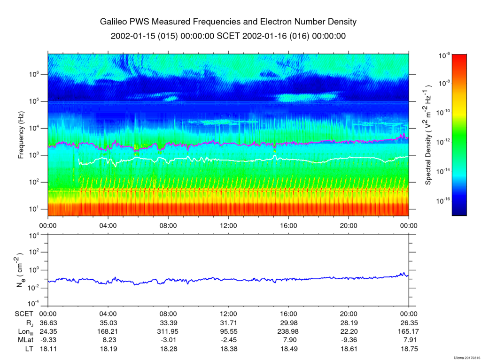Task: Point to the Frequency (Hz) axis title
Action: coord(21,135)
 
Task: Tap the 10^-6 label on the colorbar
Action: coord(444,55)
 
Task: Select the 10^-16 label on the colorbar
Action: coord(443,201)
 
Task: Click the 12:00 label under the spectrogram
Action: coord(228,226)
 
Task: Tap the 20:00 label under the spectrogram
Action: coord(349,226)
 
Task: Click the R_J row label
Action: coord(30,323)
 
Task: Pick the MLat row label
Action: coord(25,340)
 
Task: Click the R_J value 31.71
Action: coord(228,323)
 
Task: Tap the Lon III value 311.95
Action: coord(169,331)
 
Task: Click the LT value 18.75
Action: coord(409,349)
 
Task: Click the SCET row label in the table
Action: coord(24,314)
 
